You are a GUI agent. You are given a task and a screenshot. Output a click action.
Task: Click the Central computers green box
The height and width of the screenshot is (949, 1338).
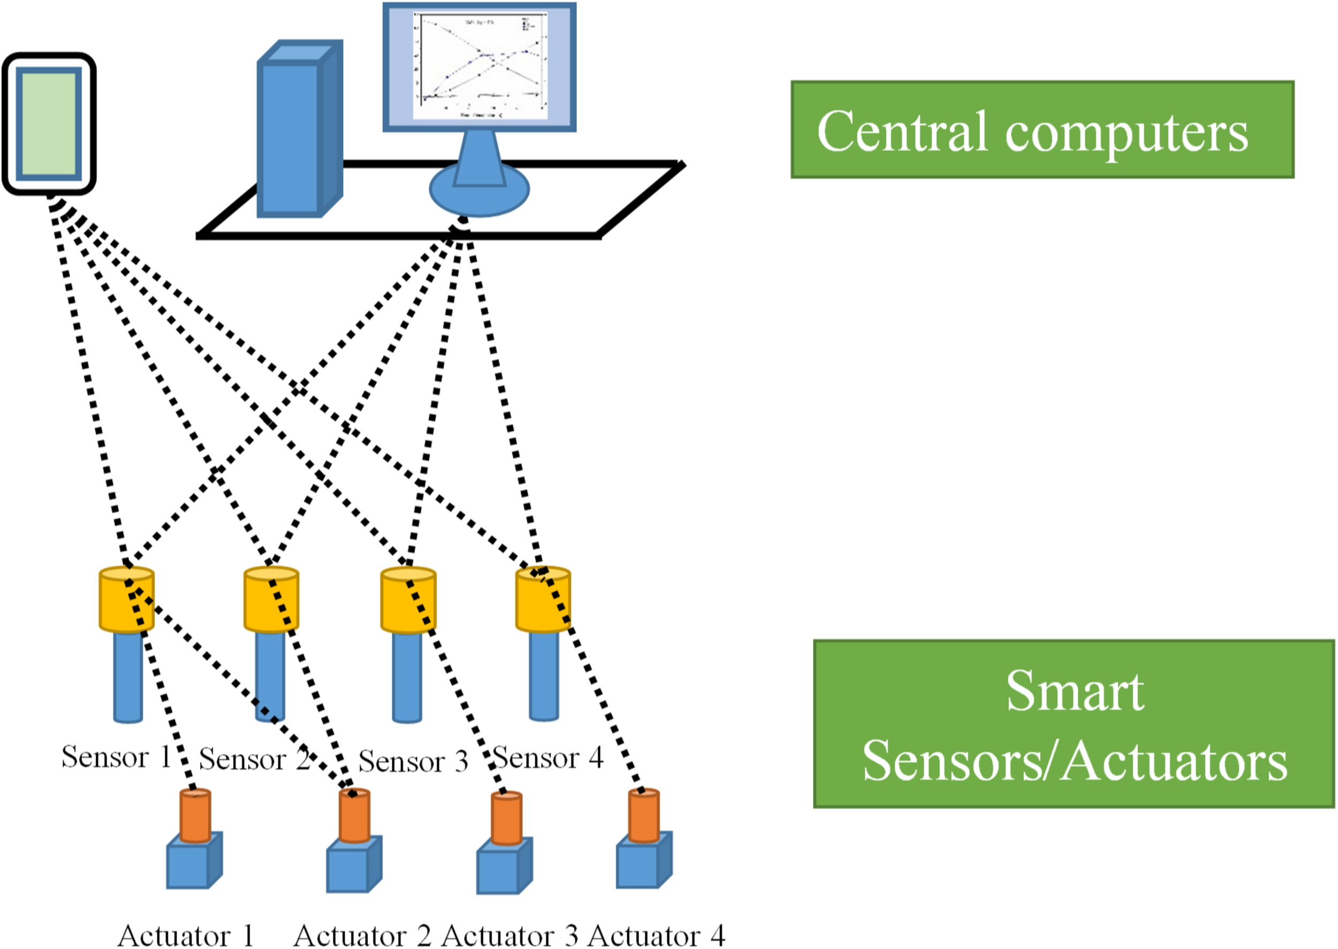click(x=1042, y=130)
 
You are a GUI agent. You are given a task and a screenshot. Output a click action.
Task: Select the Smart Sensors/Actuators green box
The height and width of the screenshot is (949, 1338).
click(x=1074, y=725)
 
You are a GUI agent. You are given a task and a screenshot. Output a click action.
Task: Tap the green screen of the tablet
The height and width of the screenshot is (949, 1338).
click(x=49, y=123)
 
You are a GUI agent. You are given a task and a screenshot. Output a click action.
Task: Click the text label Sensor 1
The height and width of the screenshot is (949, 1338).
click(x=116, y=758)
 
